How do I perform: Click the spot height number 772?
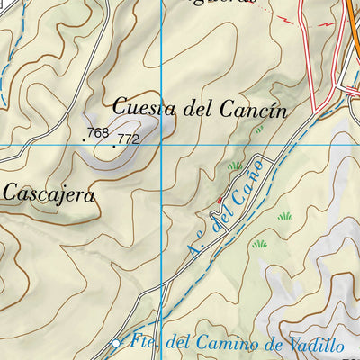click(x=129, y=139)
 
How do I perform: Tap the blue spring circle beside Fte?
click(x=115, y=344)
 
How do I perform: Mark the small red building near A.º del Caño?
click(x=219, y=200)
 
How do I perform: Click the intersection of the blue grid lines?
click(x=162, y=145)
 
